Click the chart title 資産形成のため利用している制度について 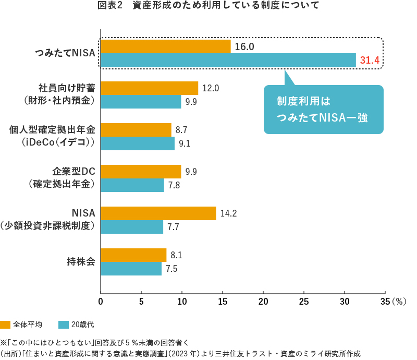click(208, 6)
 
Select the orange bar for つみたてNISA click(165, 46)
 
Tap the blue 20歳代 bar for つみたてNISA click(228, 60)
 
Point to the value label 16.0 click(244, 47)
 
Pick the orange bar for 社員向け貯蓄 click(149, 88)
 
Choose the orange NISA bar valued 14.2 click(158, 213)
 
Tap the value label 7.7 click(174, 227)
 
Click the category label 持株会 click(81, 261)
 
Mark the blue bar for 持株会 click(131, 269)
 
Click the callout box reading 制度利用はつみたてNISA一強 click(323, 109)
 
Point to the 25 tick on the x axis click(304, 301)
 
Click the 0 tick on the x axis click(101, 301)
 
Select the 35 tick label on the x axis click(385, 301)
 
